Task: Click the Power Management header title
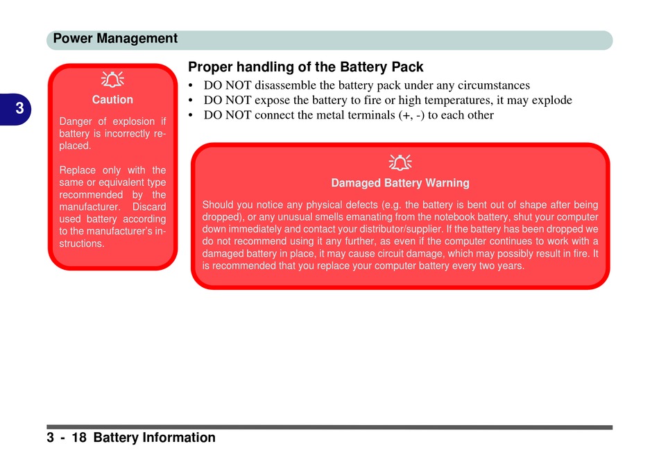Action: coord(115,39)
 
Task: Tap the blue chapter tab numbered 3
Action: coord(15,110)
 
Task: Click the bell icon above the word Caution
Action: coord(112,80)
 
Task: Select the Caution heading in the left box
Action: coord(112,100)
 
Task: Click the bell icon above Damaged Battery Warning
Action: coord(400,163)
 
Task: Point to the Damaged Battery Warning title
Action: coord(400,183)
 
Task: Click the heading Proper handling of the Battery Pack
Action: coord(305,67)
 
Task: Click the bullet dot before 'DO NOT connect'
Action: coord(191,116)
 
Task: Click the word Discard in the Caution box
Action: coord(149,207)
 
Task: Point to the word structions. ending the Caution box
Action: coord(82,243)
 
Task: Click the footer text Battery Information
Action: coord(154,438)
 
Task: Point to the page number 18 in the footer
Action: coord(79,438)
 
